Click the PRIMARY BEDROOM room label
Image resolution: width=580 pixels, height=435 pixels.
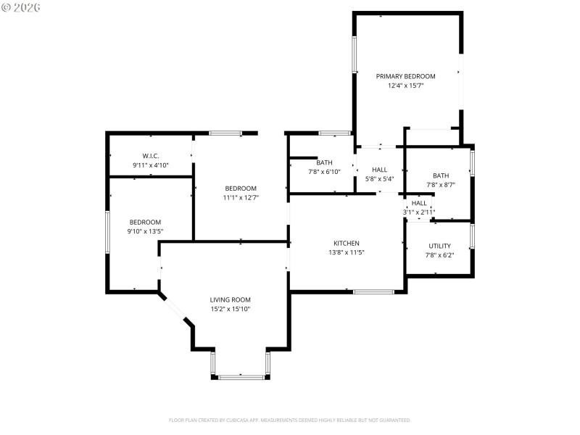(405, 76)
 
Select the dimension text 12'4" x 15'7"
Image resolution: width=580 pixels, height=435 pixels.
(405, 86)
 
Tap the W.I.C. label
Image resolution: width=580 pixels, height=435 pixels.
(150, 156)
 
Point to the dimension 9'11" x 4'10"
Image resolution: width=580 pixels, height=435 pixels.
(150, 165)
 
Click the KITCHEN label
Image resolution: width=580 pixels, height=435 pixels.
(346, 243)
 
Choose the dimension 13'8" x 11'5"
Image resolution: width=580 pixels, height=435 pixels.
(346, 252)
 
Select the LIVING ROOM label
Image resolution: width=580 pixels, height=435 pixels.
(230, 299)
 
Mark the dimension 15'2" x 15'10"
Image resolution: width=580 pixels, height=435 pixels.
(230, 309)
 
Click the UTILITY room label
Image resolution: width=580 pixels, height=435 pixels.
(439, 246)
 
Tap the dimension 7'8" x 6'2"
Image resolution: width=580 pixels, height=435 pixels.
(439, 255)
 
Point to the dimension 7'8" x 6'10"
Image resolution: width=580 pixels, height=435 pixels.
(324, 172)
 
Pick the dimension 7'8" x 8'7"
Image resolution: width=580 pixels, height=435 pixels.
(441, 185)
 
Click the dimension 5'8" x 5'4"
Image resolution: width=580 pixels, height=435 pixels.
(379, 178)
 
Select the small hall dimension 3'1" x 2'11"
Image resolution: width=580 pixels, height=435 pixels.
(419, 212)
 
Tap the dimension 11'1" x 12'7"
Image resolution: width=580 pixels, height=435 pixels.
(240, 197)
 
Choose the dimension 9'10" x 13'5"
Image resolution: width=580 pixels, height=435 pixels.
(145, 232)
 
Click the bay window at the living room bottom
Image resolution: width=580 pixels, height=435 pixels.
(241, 376)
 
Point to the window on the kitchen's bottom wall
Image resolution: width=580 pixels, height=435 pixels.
(373, 291)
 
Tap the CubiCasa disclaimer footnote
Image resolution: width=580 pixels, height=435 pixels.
(289, 420)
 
